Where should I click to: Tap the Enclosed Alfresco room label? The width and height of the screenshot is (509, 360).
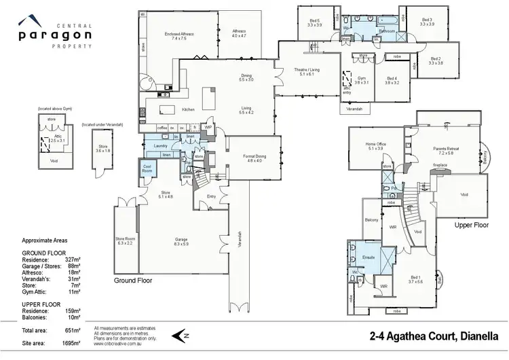179,34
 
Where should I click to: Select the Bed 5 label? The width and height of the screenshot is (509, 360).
314,21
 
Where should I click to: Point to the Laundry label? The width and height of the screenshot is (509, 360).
160,145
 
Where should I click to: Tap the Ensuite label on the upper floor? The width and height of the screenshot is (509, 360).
369,257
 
